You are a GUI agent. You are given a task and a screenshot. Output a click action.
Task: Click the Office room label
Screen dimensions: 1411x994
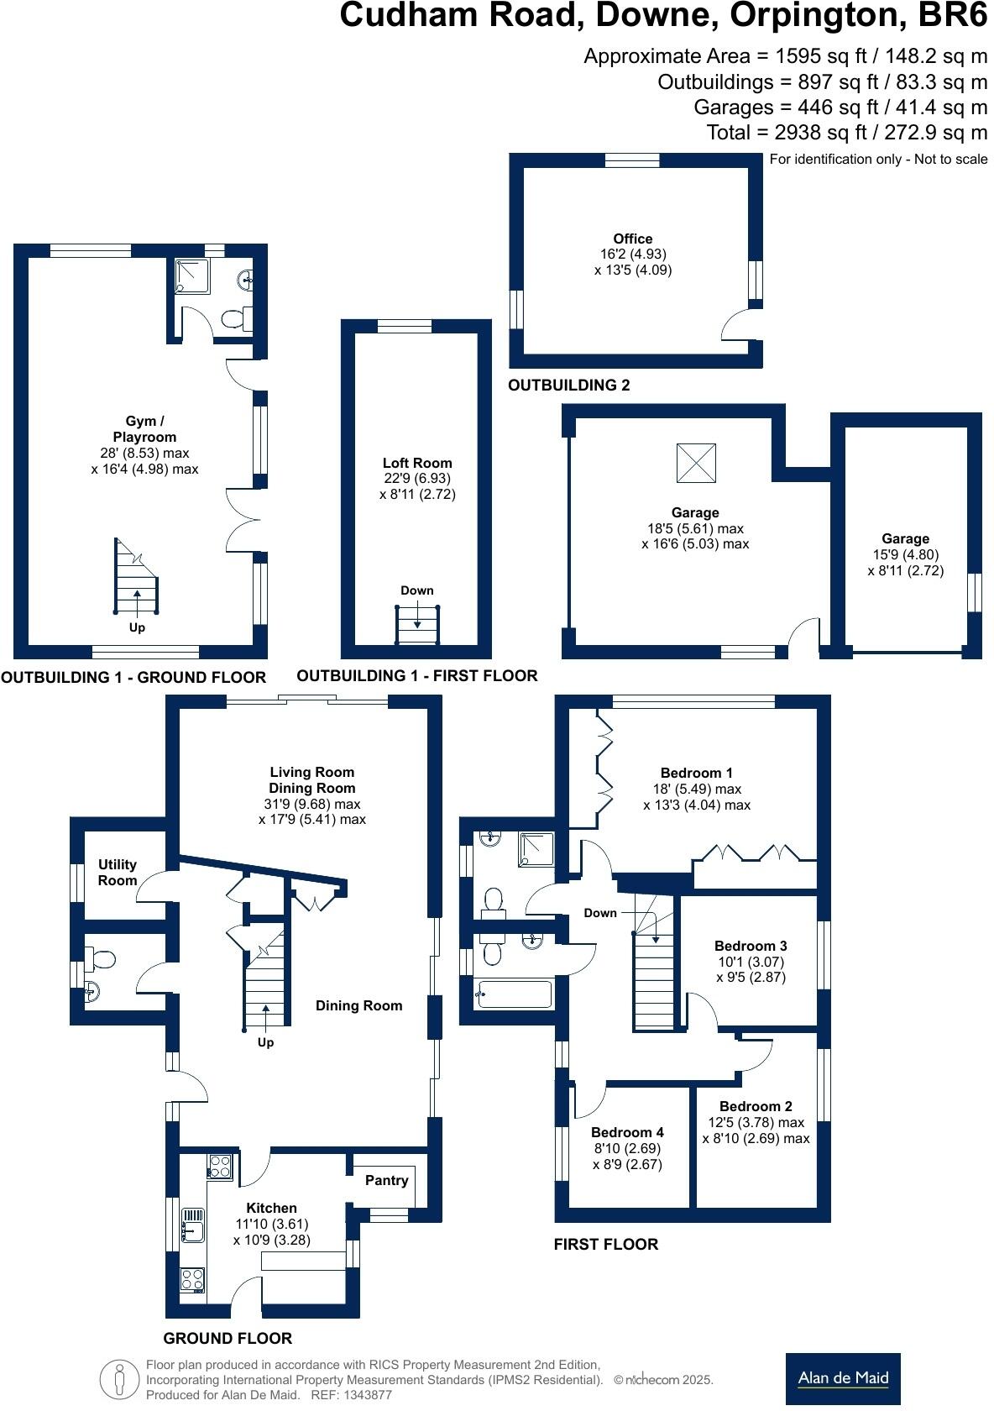[x=632, y=239]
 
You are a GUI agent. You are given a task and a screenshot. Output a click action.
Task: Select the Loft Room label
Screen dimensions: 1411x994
[x=417, y=463]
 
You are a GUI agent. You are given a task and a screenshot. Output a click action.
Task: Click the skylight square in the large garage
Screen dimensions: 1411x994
[x=697, y=462]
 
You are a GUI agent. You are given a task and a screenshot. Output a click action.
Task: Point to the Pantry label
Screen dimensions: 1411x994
[x=386, y=1180]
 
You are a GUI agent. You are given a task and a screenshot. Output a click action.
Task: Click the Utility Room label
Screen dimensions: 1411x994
[x=118, y=873]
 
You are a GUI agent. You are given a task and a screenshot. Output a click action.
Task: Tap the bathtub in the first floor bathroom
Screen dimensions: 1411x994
[x=513, y=994]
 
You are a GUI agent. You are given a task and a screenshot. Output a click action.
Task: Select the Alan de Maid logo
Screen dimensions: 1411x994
[x=843, y=1378]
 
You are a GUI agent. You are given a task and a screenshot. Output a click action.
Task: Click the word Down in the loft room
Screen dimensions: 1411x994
[x=416, y=590]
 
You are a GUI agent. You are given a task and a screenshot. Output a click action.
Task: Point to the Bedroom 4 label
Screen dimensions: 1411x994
[x=627, y=1132]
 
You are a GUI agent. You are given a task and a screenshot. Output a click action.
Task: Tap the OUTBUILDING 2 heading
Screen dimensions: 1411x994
[x=569, y=386]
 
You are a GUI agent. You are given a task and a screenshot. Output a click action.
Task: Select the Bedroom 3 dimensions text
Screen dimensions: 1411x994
[x=751, y=969]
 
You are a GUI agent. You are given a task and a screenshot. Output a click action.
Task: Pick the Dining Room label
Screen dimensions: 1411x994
[x=358, y=1005]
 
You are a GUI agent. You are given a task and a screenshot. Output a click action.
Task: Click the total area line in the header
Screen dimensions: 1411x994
[x=846, y=133]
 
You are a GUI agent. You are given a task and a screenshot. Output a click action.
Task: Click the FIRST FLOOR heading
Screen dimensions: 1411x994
[x=605, y=1245]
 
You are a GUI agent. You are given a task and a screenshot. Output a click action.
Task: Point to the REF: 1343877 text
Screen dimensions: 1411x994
[x=351, y=1395]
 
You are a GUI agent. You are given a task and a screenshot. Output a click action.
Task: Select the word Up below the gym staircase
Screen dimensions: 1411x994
[x=137, y=627]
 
